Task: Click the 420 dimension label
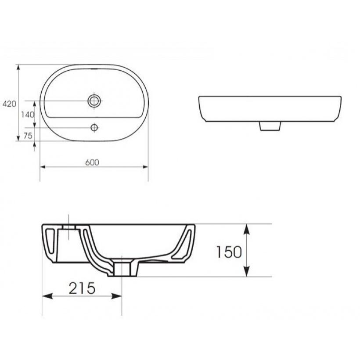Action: click(x=9, y=104)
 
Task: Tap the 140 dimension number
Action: click(x=28, y=114)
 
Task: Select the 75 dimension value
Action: click(x=28, y=136)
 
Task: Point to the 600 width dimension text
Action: click(x=92, y=162)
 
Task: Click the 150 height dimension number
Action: click(x=229, y=252)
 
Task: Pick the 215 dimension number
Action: click(x=82, y=288)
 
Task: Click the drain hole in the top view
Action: click(x=94, y=101)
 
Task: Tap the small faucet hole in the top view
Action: click(x=94, y=127)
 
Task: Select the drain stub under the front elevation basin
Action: click(x=270, y=126)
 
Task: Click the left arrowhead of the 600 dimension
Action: click(x=43, y=167)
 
